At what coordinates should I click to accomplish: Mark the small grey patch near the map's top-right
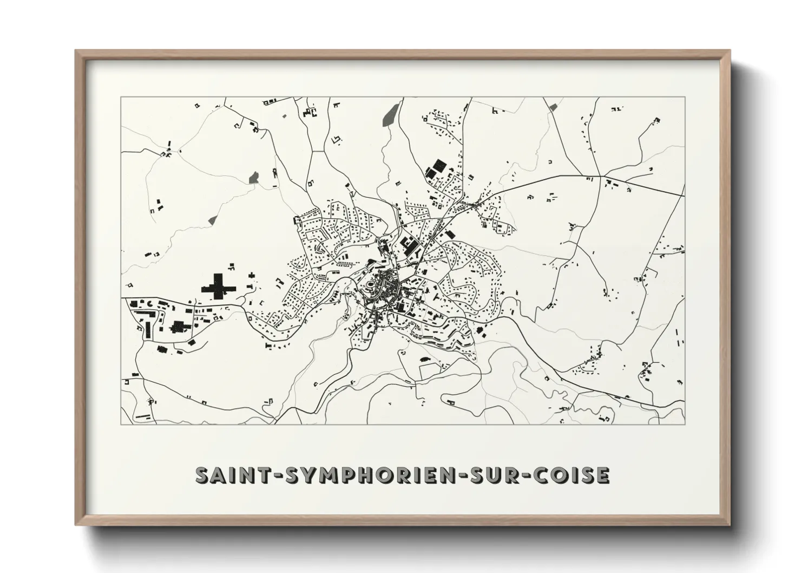553,108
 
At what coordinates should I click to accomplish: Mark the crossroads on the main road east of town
600,177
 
